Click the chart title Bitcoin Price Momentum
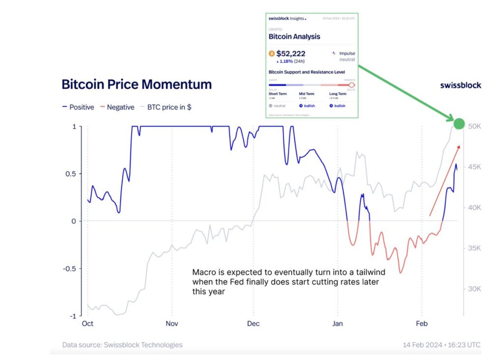[x=137, y=84]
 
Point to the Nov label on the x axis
[x=171, y=324]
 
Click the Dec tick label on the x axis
[x=253, y=324]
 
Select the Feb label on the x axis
[x=422, y=324]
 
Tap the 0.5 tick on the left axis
[x=71, y=174]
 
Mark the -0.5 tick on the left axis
[x=69, y=269]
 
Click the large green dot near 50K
[x=459, y=124]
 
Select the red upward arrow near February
[x=445, y=180]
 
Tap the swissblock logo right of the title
[x=460, y=85]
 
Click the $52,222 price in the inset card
[x=291, y=54]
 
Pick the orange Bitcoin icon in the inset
[x=271, y=54]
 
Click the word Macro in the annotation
[x=203, y=272]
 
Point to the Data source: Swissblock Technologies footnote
[x=122, y=345]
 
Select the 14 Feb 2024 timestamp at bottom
[x=441, y=345]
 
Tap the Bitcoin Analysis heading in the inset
[x=294, y=36]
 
